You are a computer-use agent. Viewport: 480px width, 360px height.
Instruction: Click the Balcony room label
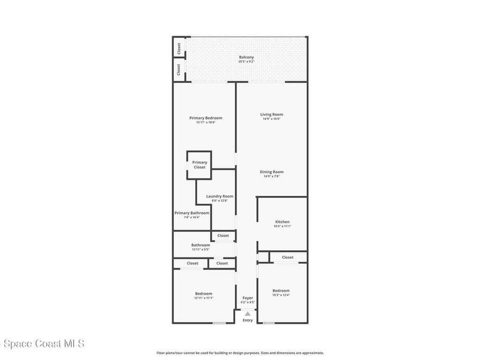click(x=246, y=57)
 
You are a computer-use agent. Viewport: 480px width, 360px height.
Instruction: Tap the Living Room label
click(x=271, y=114)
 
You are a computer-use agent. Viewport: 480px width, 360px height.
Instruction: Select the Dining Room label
click(x=271, y=172)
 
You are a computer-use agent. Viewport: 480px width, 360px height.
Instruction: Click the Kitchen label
click(x=282, y=222)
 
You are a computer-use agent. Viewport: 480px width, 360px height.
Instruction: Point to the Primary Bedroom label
click(x=206, y=118)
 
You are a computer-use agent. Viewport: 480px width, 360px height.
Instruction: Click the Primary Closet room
click(x=199, y=165)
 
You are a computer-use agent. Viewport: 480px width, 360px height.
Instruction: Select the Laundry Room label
click(x=219, y=196)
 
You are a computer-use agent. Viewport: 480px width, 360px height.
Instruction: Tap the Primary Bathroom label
click(x=192, y=213)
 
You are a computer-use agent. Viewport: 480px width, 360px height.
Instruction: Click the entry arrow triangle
click(x=247, y=314)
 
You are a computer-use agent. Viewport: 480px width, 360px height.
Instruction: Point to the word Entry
click(x=247, y=321)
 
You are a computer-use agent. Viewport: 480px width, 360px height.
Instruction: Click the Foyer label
click(x=247, y=298)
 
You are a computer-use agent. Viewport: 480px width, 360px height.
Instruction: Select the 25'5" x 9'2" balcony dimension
click(x=246, y=62)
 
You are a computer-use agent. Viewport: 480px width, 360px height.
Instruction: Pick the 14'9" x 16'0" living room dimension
click(x=271, y=119)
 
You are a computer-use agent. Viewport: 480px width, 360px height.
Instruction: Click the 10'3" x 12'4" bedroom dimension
click(x=281, y=295)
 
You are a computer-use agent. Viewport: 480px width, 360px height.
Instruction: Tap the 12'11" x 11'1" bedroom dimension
click(x=203, y=298)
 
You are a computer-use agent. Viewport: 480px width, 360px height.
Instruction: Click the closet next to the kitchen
click(x=287, y=257)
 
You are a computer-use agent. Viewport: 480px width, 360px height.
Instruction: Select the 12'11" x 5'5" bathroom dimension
click(x=201, y=249)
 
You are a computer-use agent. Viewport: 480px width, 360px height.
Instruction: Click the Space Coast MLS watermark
click(x=42, y=344)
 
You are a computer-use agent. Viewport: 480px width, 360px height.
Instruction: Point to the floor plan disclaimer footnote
click(x=240, y=353)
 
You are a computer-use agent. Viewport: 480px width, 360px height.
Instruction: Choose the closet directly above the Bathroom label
click(x=223, y=236)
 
